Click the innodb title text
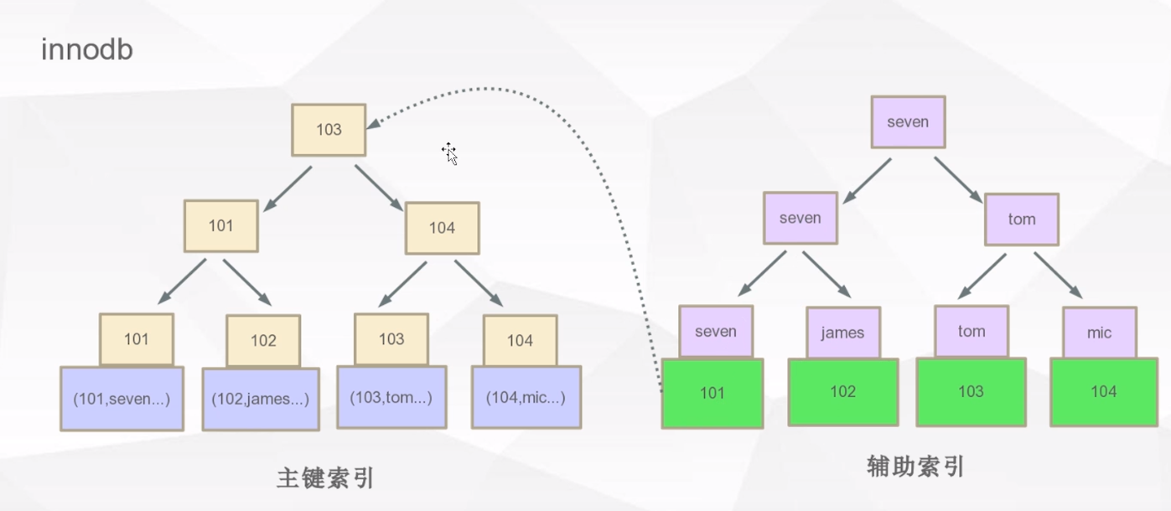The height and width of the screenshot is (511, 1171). pos(87,50)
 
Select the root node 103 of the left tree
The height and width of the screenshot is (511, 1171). pos(329,130)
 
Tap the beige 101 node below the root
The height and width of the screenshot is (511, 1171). pos(221,226)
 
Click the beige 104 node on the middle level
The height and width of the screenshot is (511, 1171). pos(442,228)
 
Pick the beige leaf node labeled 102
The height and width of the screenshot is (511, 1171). pos(263,340)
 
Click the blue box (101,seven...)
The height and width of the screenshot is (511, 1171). pos(122,399)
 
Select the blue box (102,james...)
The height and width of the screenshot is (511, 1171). pos(261,400)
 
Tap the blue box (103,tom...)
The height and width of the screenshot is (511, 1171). pos(391,398)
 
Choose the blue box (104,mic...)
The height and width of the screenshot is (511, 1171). pos(526,398)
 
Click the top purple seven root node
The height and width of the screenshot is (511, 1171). pos(908,122)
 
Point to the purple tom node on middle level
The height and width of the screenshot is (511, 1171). pos(1022,219)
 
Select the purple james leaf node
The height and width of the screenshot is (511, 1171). pos(842,333)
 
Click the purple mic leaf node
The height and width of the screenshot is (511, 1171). pos(1099,333)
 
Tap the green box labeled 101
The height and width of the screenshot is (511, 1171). pos(712,393)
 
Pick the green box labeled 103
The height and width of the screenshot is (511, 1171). pos(971,392)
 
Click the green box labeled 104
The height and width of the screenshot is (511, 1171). pos(1103,392)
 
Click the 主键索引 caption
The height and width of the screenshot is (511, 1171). pos(325,478)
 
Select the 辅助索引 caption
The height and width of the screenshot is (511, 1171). pos(915,467)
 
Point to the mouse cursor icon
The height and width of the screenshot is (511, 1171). pos(449,152)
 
